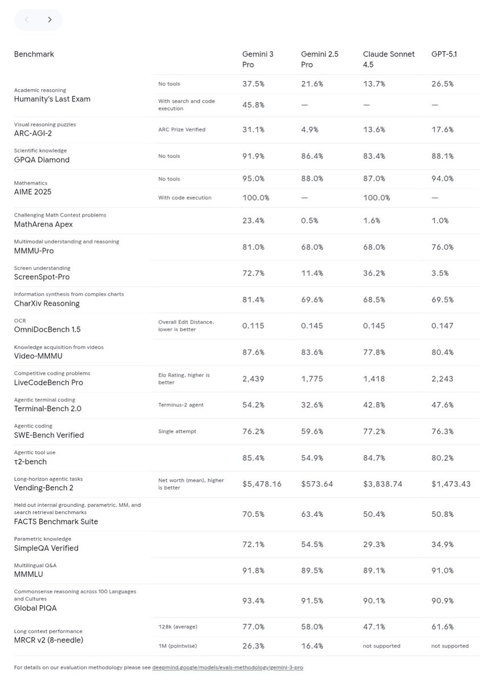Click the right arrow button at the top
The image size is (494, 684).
(x=50, y=20)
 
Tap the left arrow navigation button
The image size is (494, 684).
(x=26, y=20)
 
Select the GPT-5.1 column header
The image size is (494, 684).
(x=444, y=54)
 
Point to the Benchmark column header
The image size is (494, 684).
(x=34, y=54)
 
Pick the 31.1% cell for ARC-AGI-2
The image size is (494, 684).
(x=253, y=129)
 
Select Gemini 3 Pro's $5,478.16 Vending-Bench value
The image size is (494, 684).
(x=262, y=484)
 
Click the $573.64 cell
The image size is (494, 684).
(x=317, y=484)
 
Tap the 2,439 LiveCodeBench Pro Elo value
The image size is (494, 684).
(x=253, y=378)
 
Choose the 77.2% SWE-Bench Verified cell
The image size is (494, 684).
(x=374, y=431)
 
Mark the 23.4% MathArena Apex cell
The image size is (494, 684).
(x=253, y=221)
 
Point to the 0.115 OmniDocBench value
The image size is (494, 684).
(x=253, y=326)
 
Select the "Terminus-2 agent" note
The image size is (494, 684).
(x=181, y=405)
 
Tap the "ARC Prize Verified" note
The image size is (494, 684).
(x=182, y=129)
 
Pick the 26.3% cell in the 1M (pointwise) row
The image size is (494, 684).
(x=253, y=646)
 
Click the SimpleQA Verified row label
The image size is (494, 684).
(x=46, y=548)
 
